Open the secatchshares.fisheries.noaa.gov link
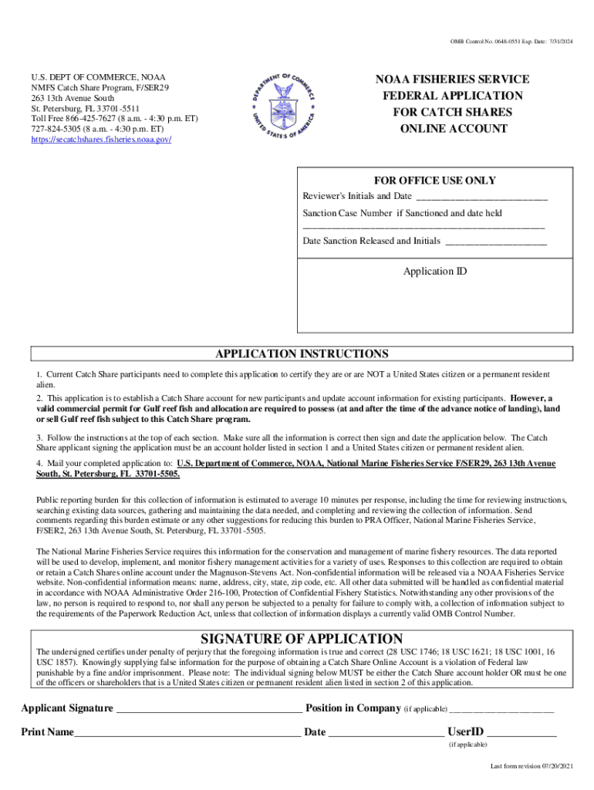(x=100, y=139)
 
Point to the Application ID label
(x=435, y=272)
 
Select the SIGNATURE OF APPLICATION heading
(x=301, y=639)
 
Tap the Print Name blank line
(x=187, y=733)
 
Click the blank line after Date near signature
(x=386, y=733)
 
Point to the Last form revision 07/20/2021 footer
(x=532, y=766)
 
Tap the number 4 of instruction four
(x=39, y=464)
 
